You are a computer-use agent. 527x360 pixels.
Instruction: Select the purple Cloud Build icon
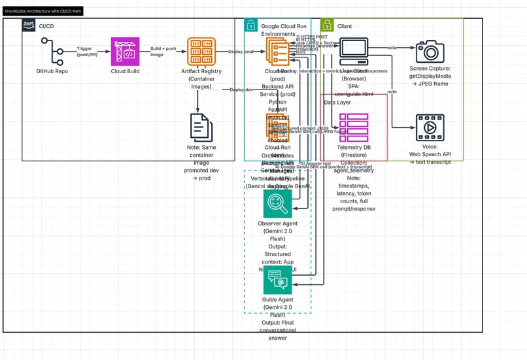pos(125,51)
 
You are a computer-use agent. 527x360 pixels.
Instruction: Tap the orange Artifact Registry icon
pos(201,51)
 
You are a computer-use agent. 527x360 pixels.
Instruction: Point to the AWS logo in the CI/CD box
pos(29,25)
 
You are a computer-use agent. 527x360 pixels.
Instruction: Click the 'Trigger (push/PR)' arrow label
pos(88,52)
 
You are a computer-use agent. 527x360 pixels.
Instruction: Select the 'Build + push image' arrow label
pos(163,52)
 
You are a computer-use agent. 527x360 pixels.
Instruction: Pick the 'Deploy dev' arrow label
pos(242,90)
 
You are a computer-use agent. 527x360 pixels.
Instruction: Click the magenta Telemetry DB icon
pos(354,127)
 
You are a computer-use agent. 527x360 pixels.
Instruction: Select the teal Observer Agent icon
pos(277,203)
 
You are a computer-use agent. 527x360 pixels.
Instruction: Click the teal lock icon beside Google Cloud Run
pos(250,25)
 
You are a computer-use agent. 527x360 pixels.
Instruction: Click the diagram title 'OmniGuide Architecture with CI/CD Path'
pos(44,12)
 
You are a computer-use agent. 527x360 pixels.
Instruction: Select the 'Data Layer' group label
pos(337,103)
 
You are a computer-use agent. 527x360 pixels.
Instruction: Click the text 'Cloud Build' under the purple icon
pos(125,71)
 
